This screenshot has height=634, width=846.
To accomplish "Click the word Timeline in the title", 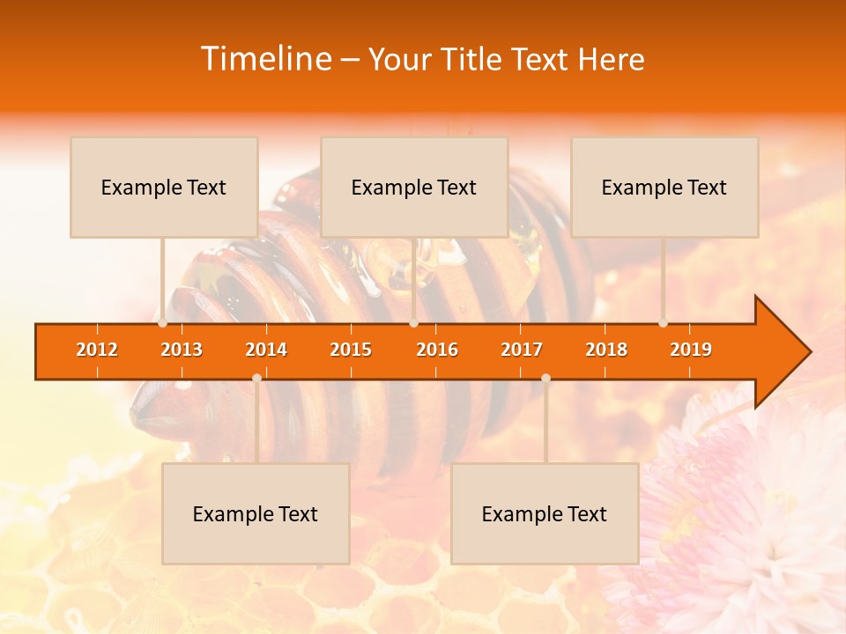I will [x=264, y=59].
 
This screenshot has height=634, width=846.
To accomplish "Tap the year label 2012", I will [x=97, y=350].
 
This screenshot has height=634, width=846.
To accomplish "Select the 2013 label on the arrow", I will [x=182, y=350].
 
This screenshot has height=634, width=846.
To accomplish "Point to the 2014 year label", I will [x=266, y=350].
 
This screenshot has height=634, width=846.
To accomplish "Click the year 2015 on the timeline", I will [x=351, y=350].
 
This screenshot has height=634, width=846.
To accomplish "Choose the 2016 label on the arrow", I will [x=437, y=350].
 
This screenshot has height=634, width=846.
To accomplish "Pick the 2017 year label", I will [x=522, y=350].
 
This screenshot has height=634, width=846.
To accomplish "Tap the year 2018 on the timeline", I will [x=606, y=350].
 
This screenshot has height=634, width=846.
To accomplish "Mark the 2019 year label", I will [x=691, y=350].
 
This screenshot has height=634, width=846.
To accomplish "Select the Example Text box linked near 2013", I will [x=164, y=188].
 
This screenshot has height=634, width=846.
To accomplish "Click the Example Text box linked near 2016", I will [x=414, y=188].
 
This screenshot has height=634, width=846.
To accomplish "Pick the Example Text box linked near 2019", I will [x=664, y=188].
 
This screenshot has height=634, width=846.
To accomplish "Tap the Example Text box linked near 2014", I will [x=256, y=514].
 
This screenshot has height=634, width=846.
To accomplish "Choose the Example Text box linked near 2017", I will [x=545, y=514].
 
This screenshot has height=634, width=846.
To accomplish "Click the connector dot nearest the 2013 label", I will [x=163, y=323].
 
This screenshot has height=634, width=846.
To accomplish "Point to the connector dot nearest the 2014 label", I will [x=256, y=378].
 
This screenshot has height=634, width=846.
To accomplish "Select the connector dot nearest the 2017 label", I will [x=545, y=378].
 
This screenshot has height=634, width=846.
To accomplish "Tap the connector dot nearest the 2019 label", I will [x=664, y=323].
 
